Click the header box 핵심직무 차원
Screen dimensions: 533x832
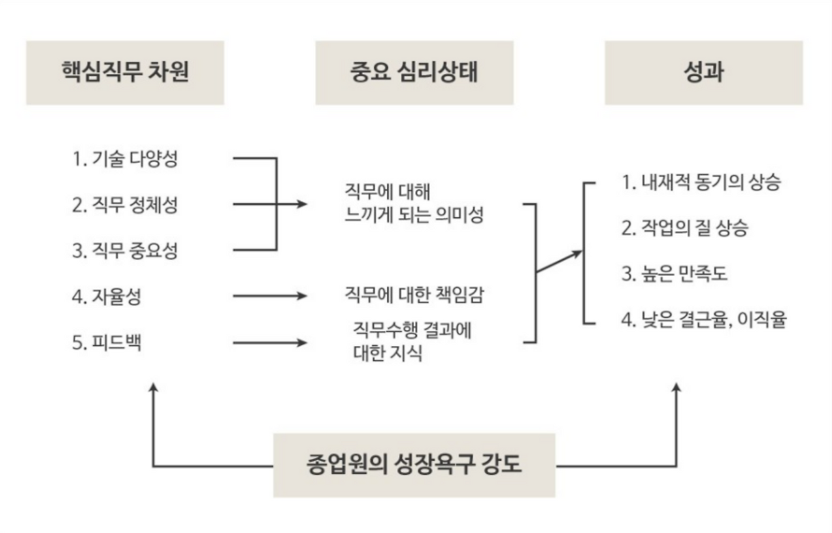coord(125,73)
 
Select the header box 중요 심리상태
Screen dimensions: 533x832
coord(414,73)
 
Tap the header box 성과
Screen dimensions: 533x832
coord(703,73)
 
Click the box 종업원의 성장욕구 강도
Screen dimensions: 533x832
coord(414,465)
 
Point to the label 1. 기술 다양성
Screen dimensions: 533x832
coord(125,158)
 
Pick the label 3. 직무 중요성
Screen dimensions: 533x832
coord(125,250)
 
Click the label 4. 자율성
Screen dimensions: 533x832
coord(107,297)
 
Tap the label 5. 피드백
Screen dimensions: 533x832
coord(107,341)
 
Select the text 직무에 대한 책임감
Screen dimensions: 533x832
coord(413,296)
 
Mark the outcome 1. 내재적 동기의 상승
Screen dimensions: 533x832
coord(700,182)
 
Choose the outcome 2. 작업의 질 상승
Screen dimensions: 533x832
coord(684,228)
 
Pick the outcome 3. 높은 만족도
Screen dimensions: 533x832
coord(674,274)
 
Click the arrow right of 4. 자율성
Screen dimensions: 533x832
coord(269,297)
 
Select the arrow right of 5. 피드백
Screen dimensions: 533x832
coord(269,342)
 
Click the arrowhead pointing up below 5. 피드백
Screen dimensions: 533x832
coord(153,388)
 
